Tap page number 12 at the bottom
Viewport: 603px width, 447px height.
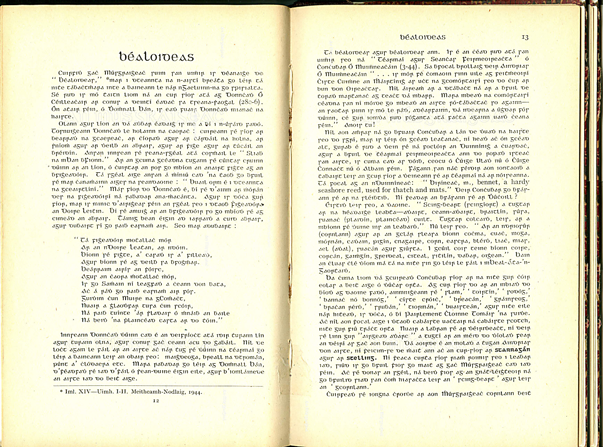click(156, 400)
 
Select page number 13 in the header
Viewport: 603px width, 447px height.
click(525, 37)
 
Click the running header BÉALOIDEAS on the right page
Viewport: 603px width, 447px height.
click(422, 37)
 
